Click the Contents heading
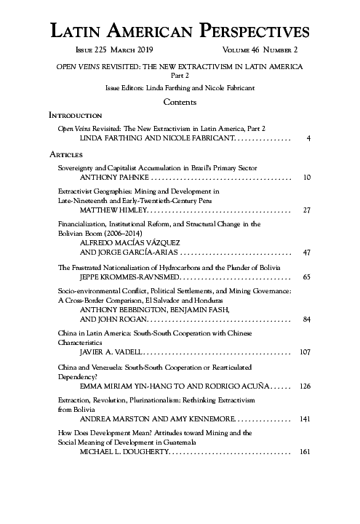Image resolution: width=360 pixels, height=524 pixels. pyautogui.click(x=180, y=102)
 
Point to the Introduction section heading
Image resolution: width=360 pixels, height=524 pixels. pyautogui.click(x=75, y=116)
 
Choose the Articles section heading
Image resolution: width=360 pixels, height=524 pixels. pyautogui.click(x=66, y=154)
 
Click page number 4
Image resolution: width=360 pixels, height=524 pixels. pyautogui.click(x=309, y=138)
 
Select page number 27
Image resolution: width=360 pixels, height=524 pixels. pyautogui.click(x=306, y=210)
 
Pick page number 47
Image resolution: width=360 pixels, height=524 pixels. pyautogui.click(x=306, y=253)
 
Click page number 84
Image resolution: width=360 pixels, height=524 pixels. pyautogui.click(x=306, y=319)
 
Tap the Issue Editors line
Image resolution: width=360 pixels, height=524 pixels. pyautogui.click(x=180, y=87)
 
